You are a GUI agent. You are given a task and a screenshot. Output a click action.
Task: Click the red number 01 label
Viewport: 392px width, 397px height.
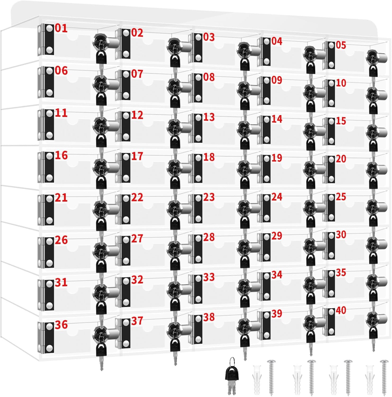coord(61,28)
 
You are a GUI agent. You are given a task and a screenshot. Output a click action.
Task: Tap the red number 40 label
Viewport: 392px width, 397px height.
coord(341,310)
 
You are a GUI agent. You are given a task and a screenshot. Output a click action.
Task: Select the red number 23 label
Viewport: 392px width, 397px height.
coord(209,197)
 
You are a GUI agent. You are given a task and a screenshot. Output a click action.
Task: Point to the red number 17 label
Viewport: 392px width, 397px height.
coord(137,156)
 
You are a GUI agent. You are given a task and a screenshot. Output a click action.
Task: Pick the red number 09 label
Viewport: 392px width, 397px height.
coord(277,80)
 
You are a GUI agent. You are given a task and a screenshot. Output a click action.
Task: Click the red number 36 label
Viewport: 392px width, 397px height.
coord(61,325)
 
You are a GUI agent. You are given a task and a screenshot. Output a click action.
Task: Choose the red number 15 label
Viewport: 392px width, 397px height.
coord(341,121)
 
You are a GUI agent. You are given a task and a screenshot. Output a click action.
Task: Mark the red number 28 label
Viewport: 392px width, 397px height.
coord(209,237)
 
